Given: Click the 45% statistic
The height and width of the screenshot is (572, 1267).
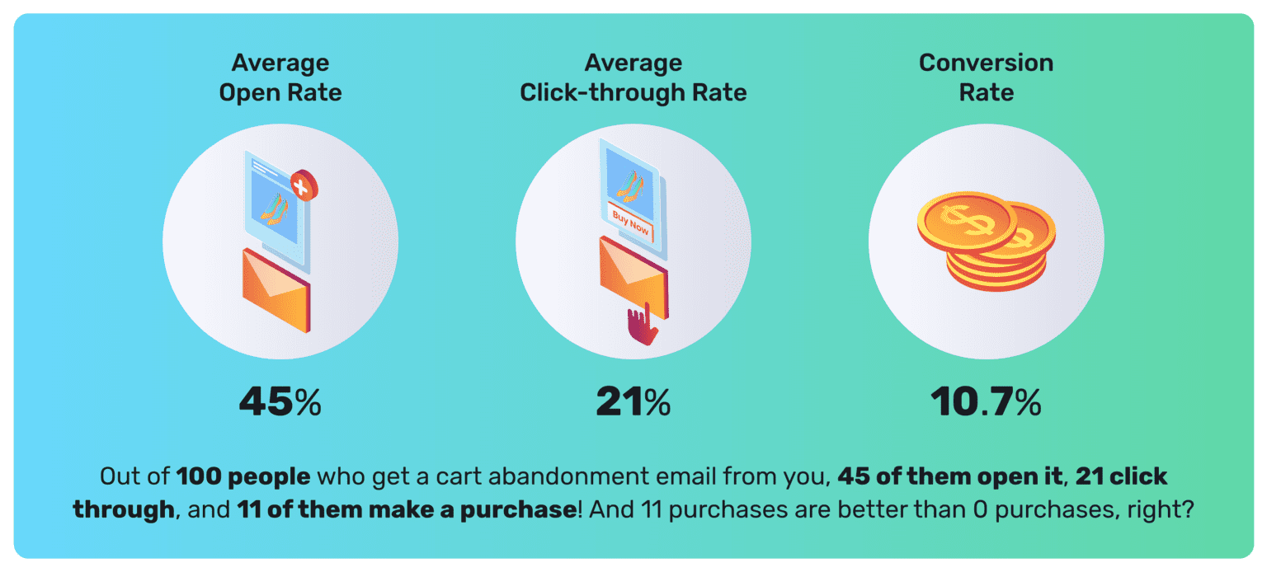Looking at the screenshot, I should coord(280,402).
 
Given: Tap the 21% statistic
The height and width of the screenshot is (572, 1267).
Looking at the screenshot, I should coord(633,402).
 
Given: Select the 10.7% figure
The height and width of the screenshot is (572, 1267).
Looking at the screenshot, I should coord(986,402).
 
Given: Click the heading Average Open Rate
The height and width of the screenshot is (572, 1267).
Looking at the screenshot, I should coord(280,77).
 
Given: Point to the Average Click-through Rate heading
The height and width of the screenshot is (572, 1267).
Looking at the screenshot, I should coord(633,77).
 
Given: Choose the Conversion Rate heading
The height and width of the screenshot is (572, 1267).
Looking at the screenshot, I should coord(986,77).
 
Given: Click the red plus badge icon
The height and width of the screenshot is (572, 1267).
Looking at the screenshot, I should coord(304,187).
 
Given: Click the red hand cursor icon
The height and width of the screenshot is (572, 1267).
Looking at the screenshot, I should coord(642,326).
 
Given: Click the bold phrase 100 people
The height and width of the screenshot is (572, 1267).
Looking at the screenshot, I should coord(243,477).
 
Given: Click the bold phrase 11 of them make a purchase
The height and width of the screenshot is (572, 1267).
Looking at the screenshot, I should coord(406,509).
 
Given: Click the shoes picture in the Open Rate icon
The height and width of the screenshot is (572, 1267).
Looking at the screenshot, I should coord(276,207).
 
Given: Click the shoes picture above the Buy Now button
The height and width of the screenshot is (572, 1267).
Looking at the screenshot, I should coord(630,185).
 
